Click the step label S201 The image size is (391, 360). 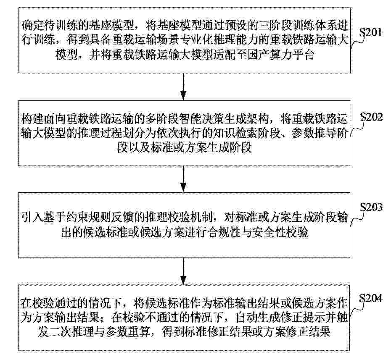click(370, 33)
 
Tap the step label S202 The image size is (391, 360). click(371, 117)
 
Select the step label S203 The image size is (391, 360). click(371, 207)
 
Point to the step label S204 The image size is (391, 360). click(370, 298)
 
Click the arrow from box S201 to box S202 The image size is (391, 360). click(183, 87)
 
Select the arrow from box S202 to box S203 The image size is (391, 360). click(183, 179)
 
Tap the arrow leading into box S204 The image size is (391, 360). click(183, 271)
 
